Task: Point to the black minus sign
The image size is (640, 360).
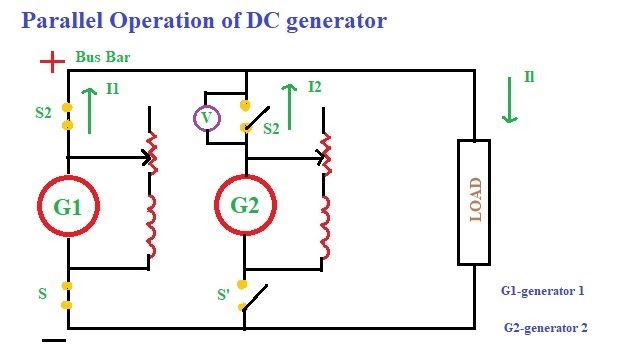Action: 53,341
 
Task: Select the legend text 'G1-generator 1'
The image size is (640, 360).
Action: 541,291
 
